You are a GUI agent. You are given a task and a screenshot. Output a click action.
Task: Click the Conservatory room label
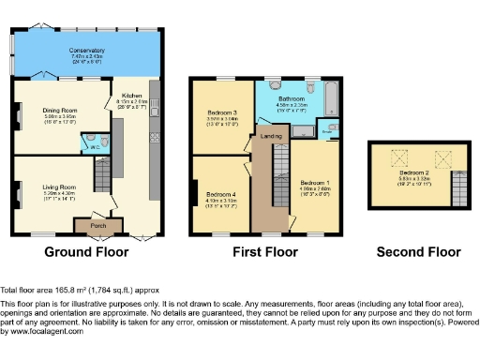click(x=86, y=51)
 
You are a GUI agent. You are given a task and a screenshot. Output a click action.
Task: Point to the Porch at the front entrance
click(x=97, y=226)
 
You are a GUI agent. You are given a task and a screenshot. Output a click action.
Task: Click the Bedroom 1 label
click(x=313, y=181)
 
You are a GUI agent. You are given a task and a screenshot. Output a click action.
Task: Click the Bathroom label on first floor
click(x=292, y=98)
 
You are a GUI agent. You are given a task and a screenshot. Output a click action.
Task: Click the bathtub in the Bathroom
click(x=330, y=97)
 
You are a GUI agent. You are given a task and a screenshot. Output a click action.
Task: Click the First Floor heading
click(x=265, y=252)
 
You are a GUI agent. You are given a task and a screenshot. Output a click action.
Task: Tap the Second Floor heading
click(x=418, y=252)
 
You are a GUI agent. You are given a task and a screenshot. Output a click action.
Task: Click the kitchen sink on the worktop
click(x=155, y=138)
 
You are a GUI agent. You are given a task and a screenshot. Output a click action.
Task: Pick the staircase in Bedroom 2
click(x=457, y=190)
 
